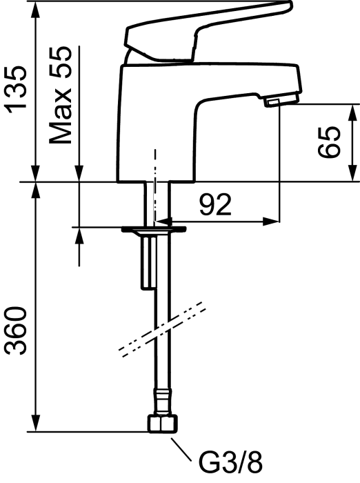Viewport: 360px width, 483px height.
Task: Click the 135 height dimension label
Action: [x=15, y=89]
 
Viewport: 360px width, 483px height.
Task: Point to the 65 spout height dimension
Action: [x=329, y=142]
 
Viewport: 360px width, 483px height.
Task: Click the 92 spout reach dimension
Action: [x=215, y=205]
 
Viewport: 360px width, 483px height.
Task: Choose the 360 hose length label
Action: [x=15, y=331]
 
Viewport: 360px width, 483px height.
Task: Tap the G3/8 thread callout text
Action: [x=230, y=462]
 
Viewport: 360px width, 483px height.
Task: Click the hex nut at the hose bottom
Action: [x=163, y=424]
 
